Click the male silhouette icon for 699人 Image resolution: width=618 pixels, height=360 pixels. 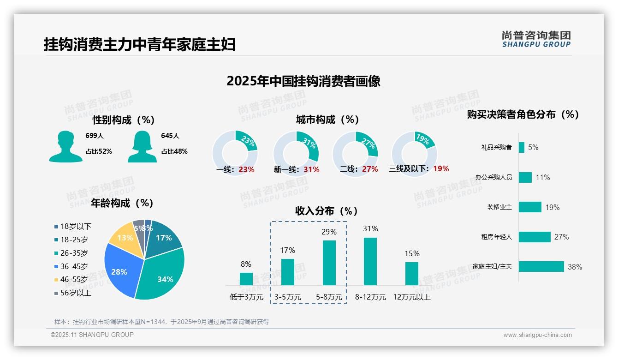click(65, 147)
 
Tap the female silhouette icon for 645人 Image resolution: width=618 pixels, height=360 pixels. click(142, 147)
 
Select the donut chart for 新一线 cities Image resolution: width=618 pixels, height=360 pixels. click(296, 154)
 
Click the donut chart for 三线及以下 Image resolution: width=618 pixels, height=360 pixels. click(414, 154)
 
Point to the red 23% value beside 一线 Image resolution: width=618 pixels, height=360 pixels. click(246, 169)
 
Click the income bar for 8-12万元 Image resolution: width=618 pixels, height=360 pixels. click(370, 262)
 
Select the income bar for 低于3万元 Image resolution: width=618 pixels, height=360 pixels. click(246, 279)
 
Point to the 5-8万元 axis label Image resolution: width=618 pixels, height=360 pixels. click(329, 297)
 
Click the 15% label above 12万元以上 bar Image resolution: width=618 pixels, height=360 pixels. click(412, 253)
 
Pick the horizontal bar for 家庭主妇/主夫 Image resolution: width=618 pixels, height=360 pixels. click(541, 267)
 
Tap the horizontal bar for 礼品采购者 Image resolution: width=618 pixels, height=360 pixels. click(522, 147)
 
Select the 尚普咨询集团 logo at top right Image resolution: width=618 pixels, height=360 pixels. click(536, 39)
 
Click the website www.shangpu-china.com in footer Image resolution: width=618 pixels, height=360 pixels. click(537, 335)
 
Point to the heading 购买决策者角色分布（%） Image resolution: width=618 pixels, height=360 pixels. click(523, 114)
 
